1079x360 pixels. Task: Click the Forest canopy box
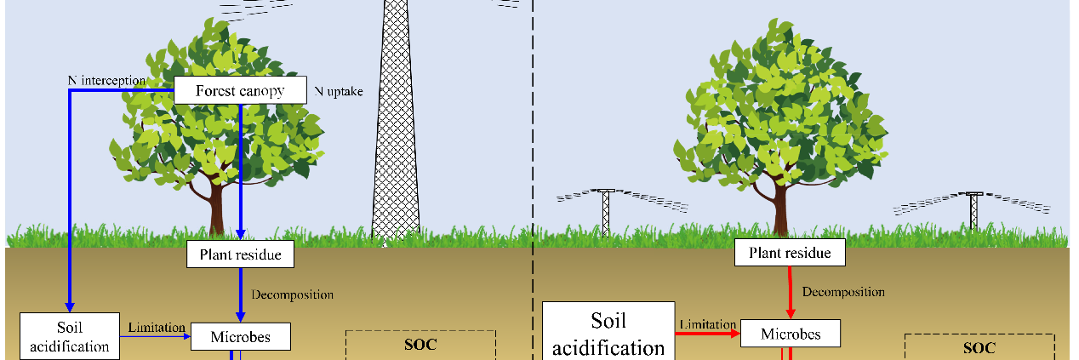click(240, 90)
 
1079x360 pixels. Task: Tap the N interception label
click(106, 81)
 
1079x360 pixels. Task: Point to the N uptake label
click(338, 91)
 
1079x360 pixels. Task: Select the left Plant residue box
click(240, 254)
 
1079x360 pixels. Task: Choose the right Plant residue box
click(790, 253)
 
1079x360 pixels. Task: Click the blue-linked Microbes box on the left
click(241, 336)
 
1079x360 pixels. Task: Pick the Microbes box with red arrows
click(791, 334)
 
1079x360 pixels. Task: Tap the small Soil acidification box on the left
click(70, 336)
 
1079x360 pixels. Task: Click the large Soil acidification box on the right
click(608, 332)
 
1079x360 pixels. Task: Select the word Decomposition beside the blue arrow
click(293, 294)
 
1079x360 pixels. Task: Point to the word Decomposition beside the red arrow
click(843, 292)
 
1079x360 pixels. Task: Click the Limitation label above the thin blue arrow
click(157, 327)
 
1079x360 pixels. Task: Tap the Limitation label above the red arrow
click(708, 324)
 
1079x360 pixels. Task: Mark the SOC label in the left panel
click(420, 345)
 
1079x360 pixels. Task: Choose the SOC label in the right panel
click(979, 347)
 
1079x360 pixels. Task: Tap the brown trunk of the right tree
click(780, 207)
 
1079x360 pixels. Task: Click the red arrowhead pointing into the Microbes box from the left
click(735, 333)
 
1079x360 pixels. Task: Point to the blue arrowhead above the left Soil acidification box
click(70, 307)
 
